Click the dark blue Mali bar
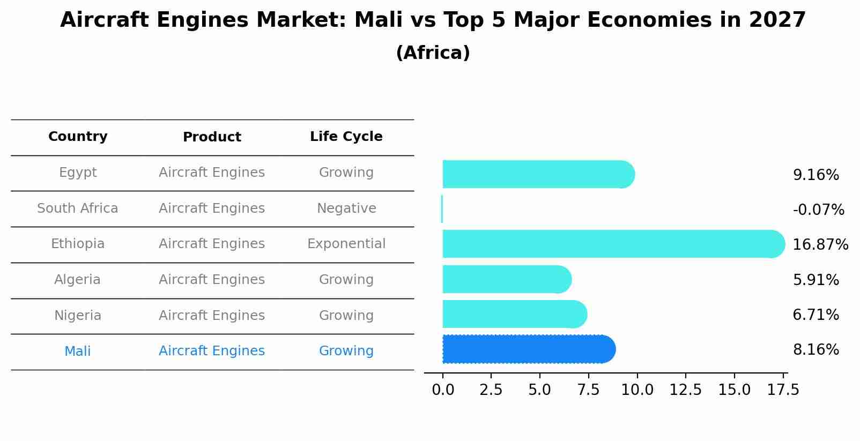click(528, 349)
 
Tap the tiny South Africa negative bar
click(442, 209)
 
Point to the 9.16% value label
click(815, 175)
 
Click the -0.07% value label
click(818, 210)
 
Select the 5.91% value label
click(815, 280)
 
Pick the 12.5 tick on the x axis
click(685, 390)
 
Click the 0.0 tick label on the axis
click(443, 390)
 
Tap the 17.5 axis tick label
click(783, 390)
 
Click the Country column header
click(78, 137)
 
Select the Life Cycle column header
click(346, 137)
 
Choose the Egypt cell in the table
click(78, 173)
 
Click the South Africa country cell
click(78, 208)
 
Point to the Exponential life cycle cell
click(346, 244)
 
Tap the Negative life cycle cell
click(346, 208)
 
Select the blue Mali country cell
click(78, 352)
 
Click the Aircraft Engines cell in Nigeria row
click(212, 316)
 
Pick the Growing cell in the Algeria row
click(346, 280)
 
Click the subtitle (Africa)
click(433, 53)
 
